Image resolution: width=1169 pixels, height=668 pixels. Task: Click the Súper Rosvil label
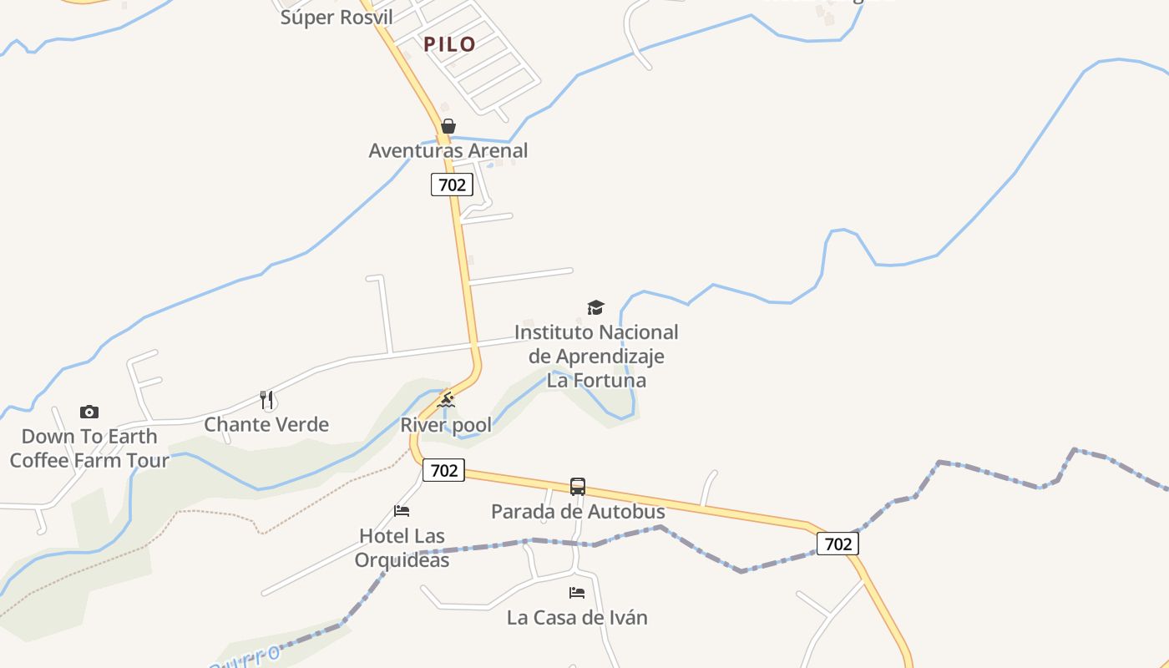click(x=337, y=18)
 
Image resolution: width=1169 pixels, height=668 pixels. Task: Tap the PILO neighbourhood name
click(x=449, y=44)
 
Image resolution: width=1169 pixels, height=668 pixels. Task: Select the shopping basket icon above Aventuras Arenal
click(x=448, y=126)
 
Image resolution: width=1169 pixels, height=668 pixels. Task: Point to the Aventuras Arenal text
click(x=448, y=151)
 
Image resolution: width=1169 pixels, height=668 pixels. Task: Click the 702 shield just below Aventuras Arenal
click(x=452, y=185)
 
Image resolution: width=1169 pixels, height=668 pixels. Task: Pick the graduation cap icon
click(x=595, y=308)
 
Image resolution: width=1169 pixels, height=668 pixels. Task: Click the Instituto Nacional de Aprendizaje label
click(x=596, y=357)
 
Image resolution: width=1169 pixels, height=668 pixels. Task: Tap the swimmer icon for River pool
click(x=446, y=401)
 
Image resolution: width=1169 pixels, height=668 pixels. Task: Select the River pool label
click(x=446, y=425)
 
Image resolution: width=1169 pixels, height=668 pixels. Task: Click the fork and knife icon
click(x=267, y=400)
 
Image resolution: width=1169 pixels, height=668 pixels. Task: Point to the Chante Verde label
click(x=266, y=424)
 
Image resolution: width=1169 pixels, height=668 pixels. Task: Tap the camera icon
click(x=89, y=412)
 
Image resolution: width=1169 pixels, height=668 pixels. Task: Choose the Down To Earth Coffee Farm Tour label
click(x=89, y=448)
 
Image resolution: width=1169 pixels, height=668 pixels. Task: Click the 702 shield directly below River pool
click(x=443, y=470)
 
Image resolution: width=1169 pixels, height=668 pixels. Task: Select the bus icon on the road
click(x=578, y=487)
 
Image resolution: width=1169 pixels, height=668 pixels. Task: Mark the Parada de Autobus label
click(x=578, y=511)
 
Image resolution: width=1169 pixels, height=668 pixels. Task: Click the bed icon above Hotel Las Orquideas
click(x=402, y=511)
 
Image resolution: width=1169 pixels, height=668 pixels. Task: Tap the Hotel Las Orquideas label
click(x=402, y=548)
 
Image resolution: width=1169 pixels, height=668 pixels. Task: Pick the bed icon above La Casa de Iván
click(x=577, y=593)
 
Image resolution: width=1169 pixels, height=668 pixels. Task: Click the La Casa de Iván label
click(x=577, y=618)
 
